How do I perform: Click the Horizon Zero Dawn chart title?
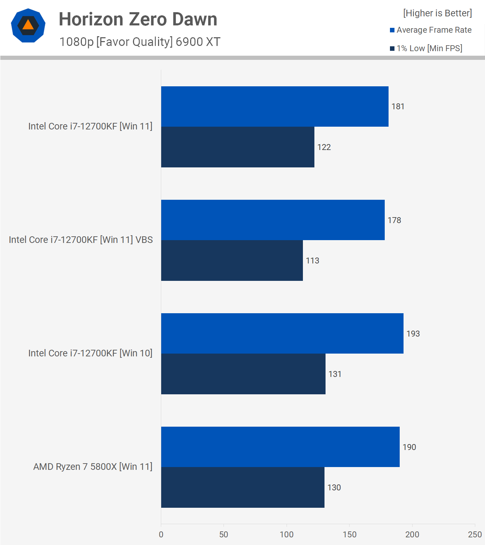pos(138,19)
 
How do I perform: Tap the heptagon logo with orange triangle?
pos(28,25)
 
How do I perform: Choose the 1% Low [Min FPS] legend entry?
pos(426,48)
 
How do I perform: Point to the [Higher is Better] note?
pos(437,13)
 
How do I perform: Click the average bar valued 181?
pos(274,106)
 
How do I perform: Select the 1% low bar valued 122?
pos(237,147)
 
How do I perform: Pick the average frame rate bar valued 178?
pos(273,220)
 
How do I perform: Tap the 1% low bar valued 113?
pos(232,260)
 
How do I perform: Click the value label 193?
pos(413,334)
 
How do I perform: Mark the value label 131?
pos(335,374)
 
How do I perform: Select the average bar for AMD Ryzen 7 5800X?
pos(280,447)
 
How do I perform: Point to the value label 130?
pos(334,488)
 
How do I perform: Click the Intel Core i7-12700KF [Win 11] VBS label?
pos(81,240)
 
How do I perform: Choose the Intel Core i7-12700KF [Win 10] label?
pos(90,353)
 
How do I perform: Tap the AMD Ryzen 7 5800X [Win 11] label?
pos(93,467)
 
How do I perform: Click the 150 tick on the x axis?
pos(349,535)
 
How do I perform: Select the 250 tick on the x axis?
pos(475,535)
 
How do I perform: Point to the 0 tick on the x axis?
pos(161,535)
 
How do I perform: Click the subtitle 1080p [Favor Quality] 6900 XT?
pos(140,42)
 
